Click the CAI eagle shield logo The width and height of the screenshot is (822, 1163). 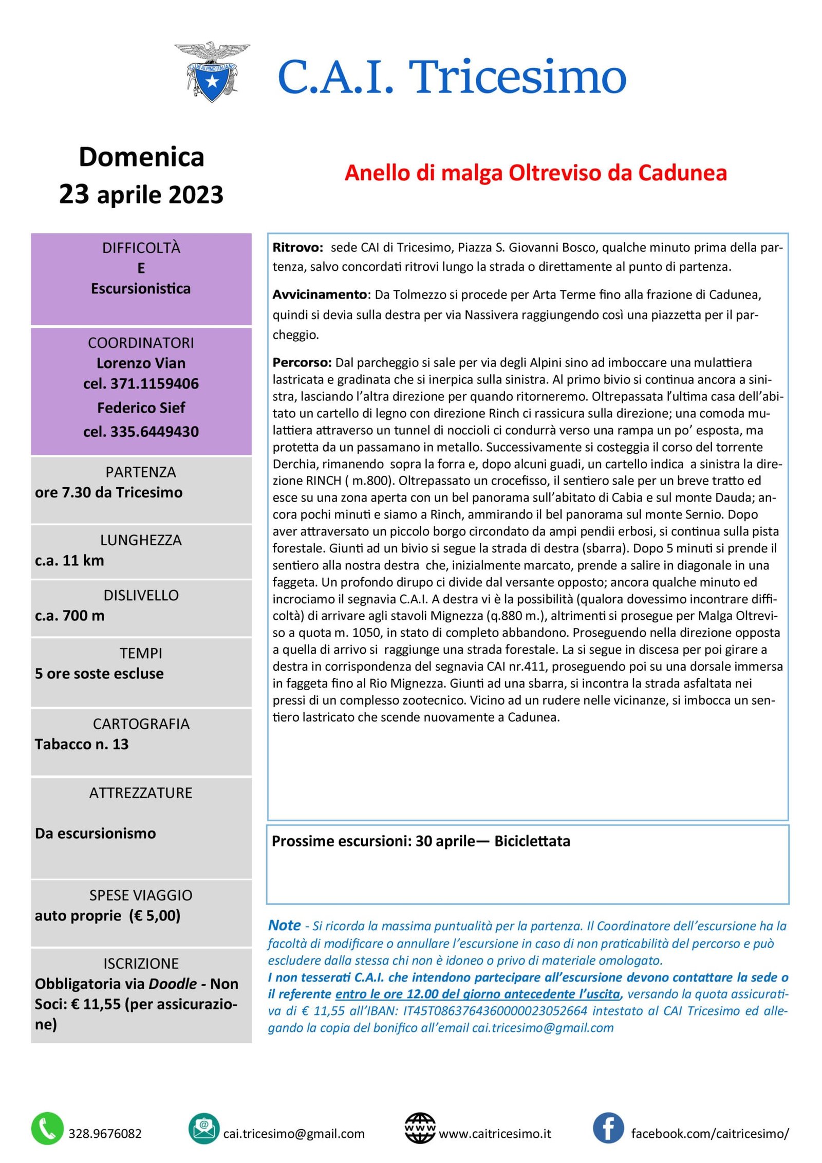[x=212, y=72]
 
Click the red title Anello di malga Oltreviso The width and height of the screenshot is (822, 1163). [x=535, y=173]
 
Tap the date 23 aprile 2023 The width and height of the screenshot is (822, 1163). [x=141, y=194]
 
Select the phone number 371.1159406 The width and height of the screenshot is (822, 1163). [x=141, y=383]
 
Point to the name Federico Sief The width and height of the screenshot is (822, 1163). [x=141, y=408]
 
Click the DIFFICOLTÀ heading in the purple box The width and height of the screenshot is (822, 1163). [x=141, y=248]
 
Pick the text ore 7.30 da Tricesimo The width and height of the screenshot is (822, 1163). [x=108, y=492]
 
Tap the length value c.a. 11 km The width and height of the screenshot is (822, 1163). [x=69, y=560]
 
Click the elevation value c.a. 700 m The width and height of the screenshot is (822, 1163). [x=69, y=615]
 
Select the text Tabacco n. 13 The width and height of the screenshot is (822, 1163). [x=82, y=744]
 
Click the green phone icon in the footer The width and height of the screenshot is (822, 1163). [x=47, y=1129]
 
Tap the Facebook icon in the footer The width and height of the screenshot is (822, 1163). [x=608, y=1129]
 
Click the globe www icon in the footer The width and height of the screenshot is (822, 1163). [x=420, y=1129]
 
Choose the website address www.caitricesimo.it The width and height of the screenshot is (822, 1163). [x=495, y=1133]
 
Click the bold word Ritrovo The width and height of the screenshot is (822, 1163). [x=297, y=248]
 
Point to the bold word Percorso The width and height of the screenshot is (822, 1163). [x=302, y=362]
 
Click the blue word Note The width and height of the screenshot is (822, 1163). [x=285, y=925]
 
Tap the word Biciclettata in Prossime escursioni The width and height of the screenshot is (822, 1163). [x=532, y=841]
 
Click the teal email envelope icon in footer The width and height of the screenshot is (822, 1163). [x=204, y=1129]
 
